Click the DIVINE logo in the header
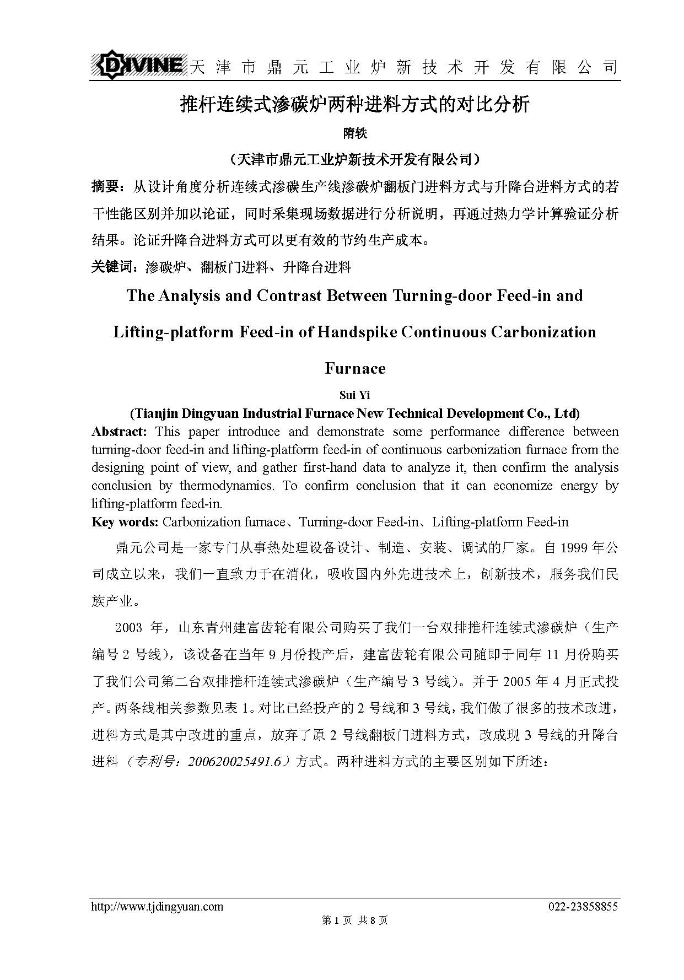(138, 66)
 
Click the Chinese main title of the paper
(355, 104)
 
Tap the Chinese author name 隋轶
(355, 133)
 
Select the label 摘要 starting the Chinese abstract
(108, 187)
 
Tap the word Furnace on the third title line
(355, 368)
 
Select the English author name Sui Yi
(355, 395)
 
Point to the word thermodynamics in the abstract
(227, 486)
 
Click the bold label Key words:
(125, 522)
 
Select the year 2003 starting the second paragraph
(128, 628)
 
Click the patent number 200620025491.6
(239, 762)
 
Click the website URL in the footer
(157, 907)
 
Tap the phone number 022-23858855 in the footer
(583, 907)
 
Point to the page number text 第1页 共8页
(355, 920)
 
